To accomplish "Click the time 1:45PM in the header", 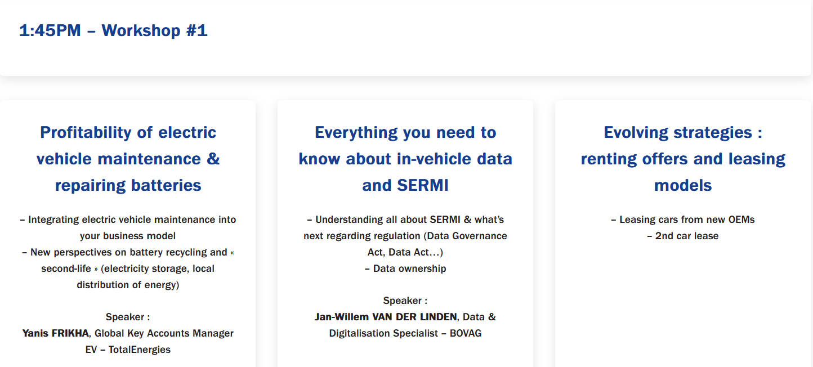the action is coord(50,30).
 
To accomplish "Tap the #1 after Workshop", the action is coord(196,30).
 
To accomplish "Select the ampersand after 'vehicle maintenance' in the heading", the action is coord(213,159).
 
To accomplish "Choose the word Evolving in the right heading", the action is coord(636,133).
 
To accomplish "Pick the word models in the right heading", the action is coord(683,186).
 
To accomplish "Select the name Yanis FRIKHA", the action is coord(56,333).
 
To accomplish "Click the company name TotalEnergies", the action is coord(140,350).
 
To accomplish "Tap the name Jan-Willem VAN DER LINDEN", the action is coord(386,317).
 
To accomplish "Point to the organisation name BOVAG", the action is coord(465,333).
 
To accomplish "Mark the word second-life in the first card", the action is coord(66,268).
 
